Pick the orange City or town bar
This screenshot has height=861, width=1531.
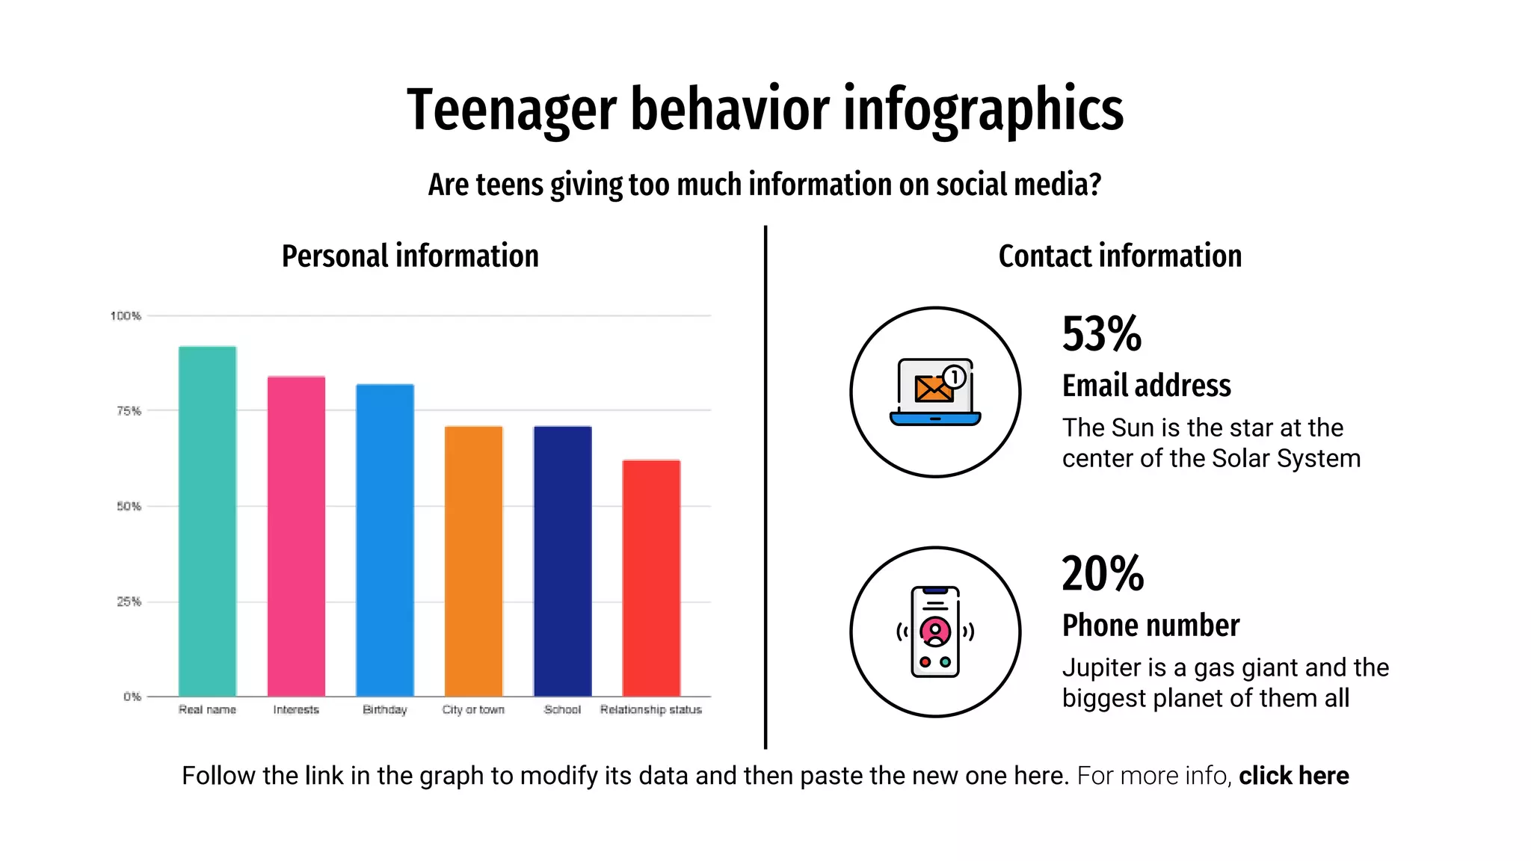click(473, 561)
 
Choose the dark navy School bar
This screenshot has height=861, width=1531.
click(562, 561)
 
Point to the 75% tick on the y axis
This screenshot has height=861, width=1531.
click(129, 410)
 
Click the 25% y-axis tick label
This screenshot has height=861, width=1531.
click(129, 602)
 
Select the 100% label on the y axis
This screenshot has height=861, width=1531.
click(126, 315)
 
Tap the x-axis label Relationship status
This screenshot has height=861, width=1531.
click(650, 709)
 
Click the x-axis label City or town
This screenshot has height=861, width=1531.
click(473, 709)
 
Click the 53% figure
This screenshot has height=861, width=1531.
click(1101, 334)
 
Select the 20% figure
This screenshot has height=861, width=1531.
click(1103, 574)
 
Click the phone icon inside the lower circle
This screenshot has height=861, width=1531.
click(935, 632)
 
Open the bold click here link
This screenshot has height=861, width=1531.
click(1293, 776)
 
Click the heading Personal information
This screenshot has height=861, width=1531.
click(410, 256)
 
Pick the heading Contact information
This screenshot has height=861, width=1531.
click(1120, 256)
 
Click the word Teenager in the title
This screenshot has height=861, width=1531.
click(511, 110)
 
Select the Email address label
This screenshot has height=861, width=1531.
click(1146, 386)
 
